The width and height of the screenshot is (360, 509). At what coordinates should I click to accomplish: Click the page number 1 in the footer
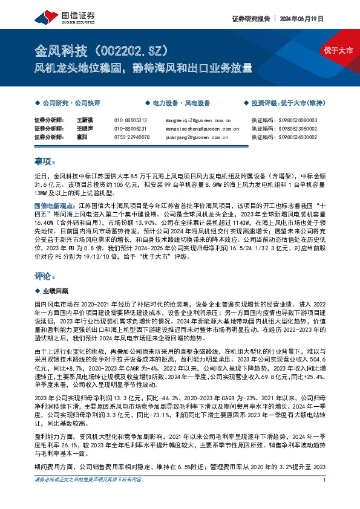click(326, 497)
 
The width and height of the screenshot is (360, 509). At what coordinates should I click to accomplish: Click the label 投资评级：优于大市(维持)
click(288, 103)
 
